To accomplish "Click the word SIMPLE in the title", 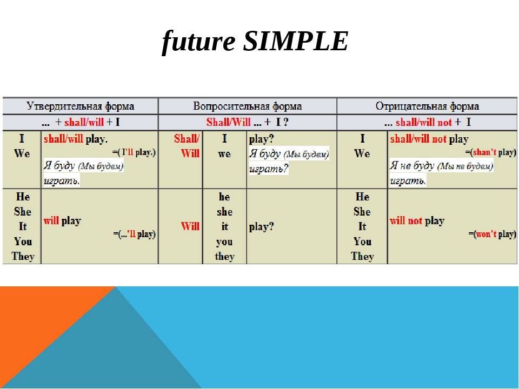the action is tap(296, 41).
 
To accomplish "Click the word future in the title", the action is tap(198, 42).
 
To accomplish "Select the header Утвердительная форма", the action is tap(81, 106).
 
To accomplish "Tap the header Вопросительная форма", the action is tap(248, 106).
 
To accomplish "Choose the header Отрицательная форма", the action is tap(427, 106).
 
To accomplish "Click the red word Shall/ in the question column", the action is tap(187, 139).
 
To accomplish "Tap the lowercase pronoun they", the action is tap(225, 256).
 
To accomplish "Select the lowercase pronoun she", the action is tap(225, 212).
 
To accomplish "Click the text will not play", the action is tap(417, 221).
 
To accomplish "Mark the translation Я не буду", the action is tap(412, 165).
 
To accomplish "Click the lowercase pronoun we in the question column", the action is tap(225, 154).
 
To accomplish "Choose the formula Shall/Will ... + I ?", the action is tap(247, 122).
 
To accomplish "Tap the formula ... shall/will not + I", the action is tap(428, 123).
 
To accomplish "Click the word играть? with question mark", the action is tap(269, 169).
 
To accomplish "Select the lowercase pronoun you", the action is tap(224, 242).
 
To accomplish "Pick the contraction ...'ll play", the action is tap(135, 234).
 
